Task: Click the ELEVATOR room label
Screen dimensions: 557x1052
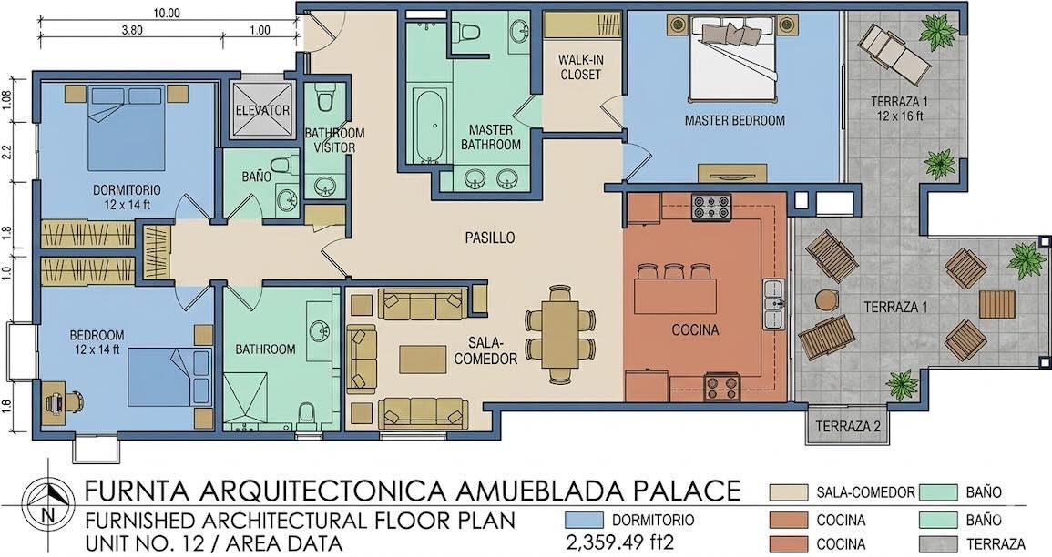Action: (x=262, y=110)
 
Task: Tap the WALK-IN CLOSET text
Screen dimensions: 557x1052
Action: (x=580, y=67)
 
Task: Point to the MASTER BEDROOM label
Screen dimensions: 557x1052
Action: (x=734, y=120)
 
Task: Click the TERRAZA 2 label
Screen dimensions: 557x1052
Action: (x=847, y=426)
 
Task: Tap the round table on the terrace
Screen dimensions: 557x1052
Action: (x=826, y=299)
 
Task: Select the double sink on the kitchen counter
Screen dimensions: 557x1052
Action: (x=773, y=304)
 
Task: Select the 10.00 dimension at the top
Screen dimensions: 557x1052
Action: (x=167, y=14)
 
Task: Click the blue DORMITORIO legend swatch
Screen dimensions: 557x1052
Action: (x=588, y=520)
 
